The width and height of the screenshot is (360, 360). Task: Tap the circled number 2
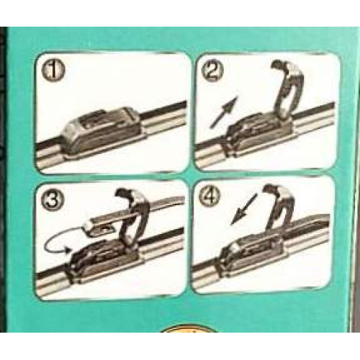[211, 71]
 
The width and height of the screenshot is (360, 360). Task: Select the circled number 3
[53, 200]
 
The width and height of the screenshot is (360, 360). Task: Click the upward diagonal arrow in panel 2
[224, 112]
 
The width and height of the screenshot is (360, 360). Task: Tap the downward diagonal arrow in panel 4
[243, 210]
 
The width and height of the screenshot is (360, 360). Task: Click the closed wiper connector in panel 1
[101, 131]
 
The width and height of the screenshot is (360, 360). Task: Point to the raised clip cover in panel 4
[279, 209]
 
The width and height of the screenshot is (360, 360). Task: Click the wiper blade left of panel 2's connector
[211, 153]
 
